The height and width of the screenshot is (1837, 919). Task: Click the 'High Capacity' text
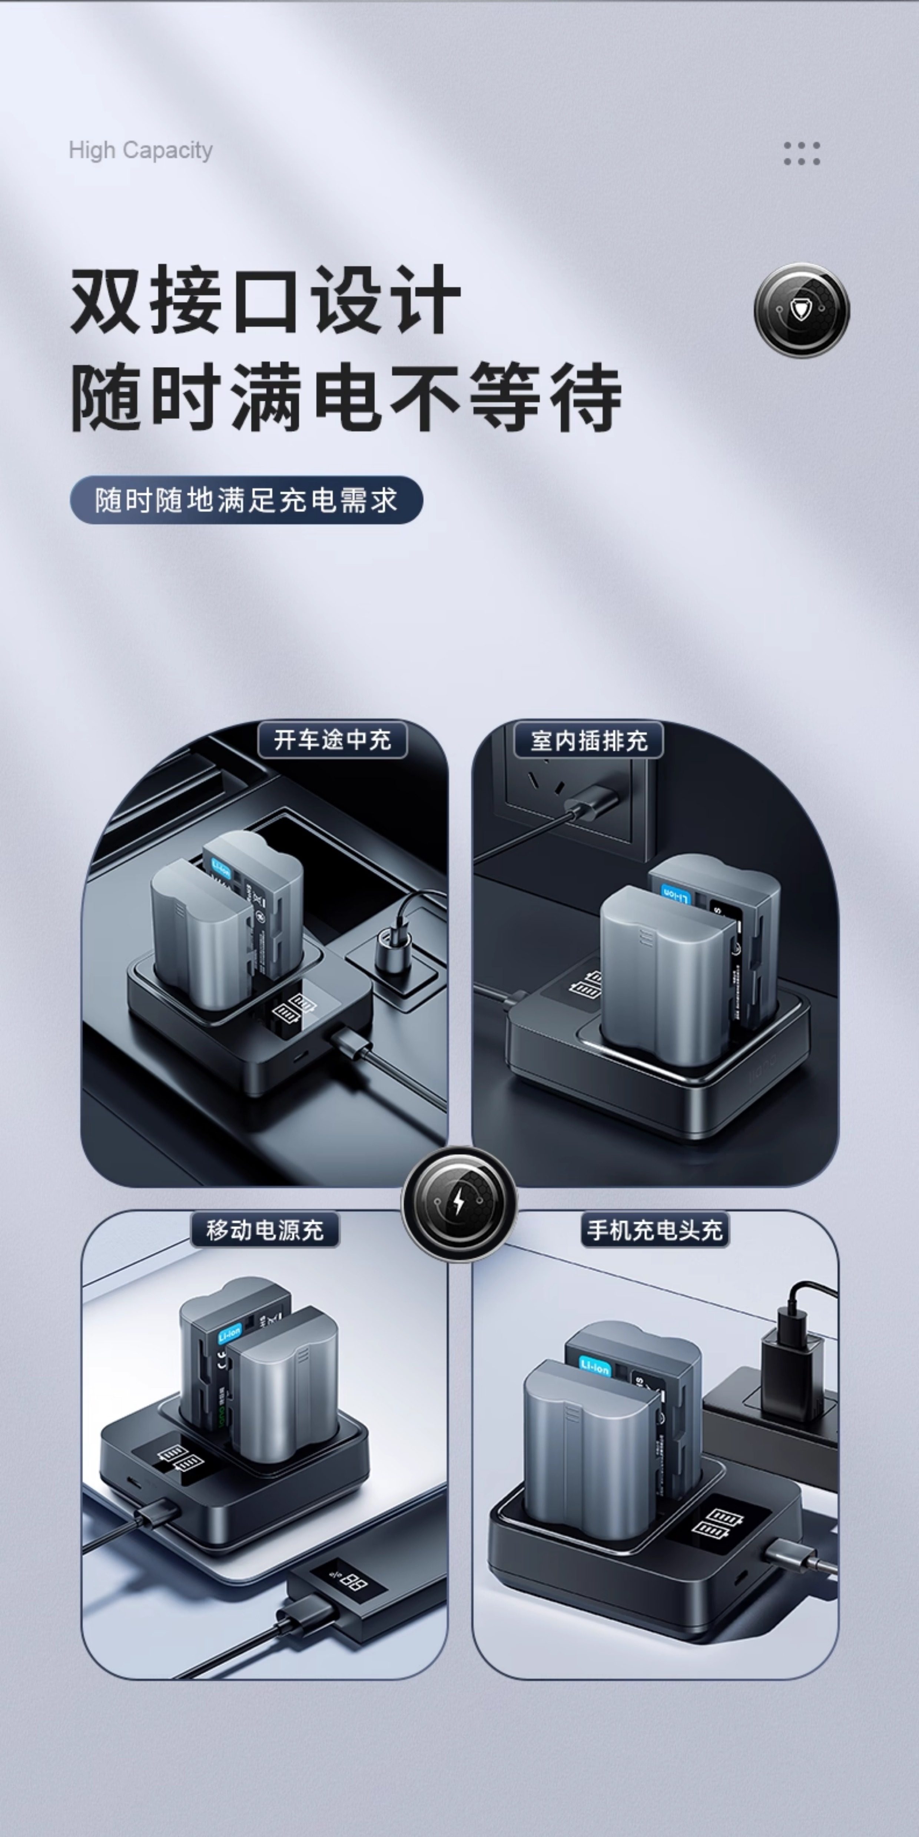click(140, 150)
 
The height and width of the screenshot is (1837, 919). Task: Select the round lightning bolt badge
click(459, 1203)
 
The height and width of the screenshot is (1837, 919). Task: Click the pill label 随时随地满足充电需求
click(246, 500)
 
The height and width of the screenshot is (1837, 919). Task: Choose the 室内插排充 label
click(589, 740)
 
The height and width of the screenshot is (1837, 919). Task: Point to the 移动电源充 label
click(265, 1230)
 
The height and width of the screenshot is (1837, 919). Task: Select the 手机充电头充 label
click(654, 1230)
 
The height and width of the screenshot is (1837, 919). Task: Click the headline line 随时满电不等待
click(346, 397)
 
